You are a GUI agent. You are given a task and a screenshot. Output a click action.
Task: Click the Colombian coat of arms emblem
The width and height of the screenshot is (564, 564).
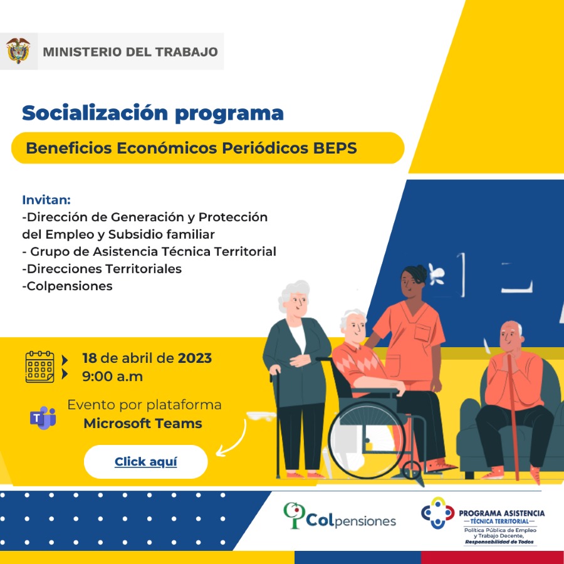point(18,51)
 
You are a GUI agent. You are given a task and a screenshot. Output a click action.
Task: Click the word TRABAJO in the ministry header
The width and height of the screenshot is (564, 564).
point(186,52)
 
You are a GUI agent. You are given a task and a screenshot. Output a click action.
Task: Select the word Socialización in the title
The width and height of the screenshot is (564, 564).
point(95,113)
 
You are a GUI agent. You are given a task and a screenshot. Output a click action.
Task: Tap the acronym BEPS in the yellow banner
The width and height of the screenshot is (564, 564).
point(335,148)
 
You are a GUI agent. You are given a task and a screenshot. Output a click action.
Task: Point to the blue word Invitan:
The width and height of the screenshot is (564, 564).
point(46,200)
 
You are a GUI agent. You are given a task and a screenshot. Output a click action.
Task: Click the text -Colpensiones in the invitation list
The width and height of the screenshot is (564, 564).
point(67,286)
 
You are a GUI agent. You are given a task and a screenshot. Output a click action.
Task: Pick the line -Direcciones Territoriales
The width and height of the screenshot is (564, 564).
point(102,269)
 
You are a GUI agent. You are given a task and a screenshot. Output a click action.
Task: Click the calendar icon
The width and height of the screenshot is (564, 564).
point(40,367)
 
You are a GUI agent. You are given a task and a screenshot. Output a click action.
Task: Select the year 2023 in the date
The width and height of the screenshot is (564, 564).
point(195,358)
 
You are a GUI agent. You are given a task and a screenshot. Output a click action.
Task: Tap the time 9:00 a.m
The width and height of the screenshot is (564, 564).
point(112,376)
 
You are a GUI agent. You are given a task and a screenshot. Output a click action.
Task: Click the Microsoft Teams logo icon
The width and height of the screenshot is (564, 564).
point(43,417)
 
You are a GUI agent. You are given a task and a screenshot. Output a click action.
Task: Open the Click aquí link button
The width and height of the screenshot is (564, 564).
point(145,461)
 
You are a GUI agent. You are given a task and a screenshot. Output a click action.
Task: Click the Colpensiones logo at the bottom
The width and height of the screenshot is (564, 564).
point(339,516)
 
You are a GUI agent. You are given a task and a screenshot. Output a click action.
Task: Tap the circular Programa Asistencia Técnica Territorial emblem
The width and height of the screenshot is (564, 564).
point(438,513)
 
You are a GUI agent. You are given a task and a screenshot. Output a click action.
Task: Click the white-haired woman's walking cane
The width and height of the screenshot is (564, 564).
point(277,423)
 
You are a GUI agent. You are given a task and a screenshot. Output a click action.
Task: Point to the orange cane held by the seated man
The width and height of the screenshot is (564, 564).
point(513,417)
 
